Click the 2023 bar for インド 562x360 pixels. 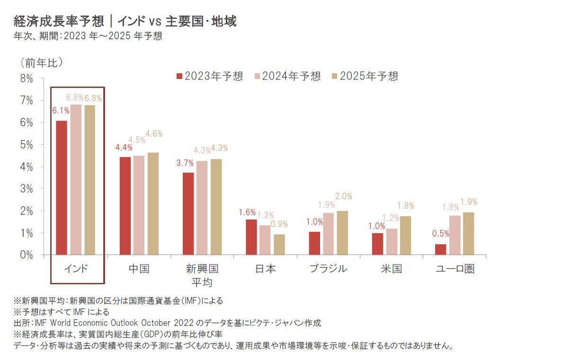click(x=62, y=188)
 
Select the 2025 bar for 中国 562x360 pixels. click(x=153, y=204)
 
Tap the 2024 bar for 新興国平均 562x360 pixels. click(x=202, y=208)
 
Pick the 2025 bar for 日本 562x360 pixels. click(x=279, y=245)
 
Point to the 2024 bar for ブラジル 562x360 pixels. click(x=328, y=234)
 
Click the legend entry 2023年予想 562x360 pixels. click(x=209, y=76)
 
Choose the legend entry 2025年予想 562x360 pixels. click(x=365, y=76)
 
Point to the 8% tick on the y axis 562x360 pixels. click(x=27, y=79)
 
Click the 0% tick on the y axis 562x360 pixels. click(x=27, y=255)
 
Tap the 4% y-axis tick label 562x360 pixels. click(x=27, y=167)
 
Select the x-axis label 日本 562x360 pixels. click(x=266, y=269)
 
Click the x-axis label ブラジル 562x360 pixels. click(x=328, y=269)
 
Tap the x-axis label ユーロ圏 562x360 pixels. click(x=455, y=269)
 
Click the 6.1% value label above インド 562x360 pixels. click(x=61, y=111)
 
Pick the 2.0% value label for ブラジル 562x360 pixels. click(x=343, y=196)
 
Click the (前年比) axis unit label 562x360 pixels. click(x=42, y=62)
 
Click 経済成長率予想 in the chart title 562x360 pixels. click(x=55, y=21)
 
